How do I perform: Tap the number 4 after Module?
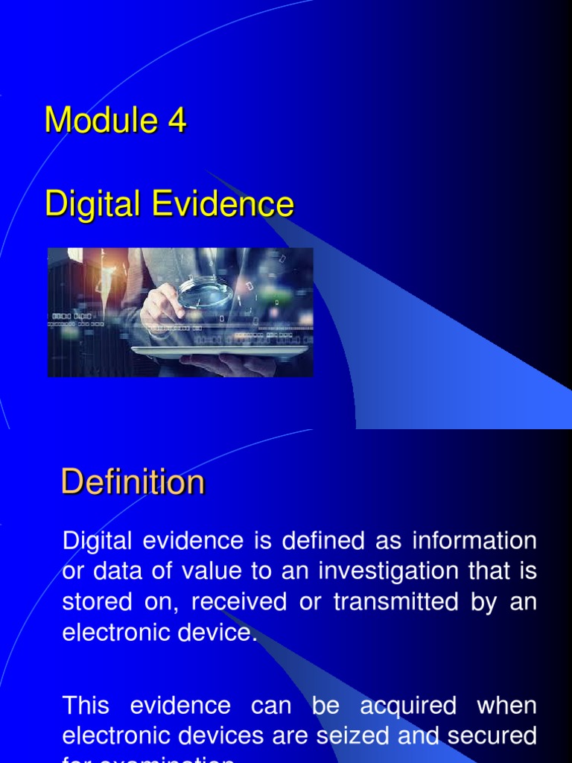177,120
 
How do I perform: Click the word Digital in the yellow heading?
92,203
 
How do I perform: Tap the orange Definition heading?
133,481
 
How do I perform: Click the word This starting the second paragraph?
86,705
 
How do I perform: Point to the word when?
507,705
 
